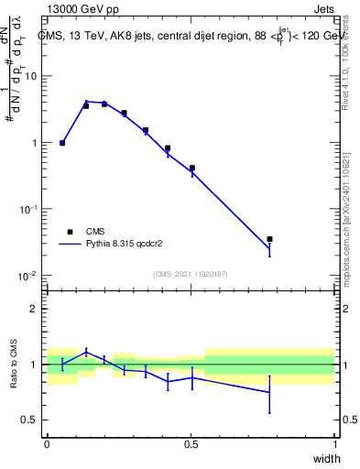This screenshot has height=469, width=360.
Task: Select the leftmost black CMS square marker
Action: pyautogui.click(x=62, y=143)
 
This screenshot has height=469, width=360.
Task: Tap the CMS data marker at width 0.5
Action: pyautogui.click(x=191, y=168)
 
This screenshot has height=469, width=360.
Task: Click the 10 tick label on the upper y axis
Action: pyautogui.click(x=31, y=76)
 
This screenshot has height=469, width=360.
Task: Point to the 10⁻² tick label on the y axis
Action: pyautogui.click(x=28, y=276)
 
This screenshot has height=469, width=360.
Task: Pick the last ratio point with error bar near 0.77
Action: pyautogui.click(x=269, y=392)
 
